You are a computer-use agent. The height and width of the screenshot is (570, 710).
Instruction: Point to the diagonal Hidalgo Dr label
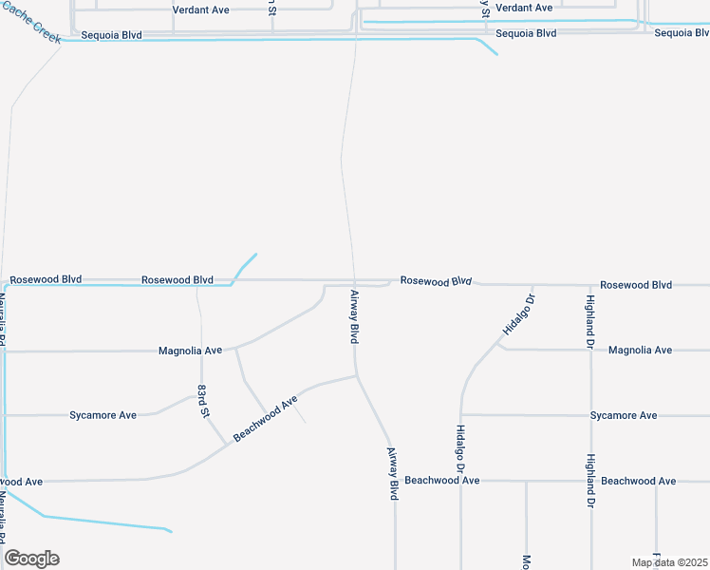518,314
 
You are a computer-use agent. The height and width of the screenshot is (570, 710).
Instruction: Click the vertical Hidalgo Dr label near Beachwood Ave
460,448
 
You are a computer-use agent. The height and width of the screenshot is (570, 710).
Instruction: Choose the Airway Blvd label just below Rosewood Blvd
354,316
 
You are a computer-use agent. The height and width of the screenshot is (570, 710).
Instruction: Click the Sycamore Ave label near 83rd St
103,415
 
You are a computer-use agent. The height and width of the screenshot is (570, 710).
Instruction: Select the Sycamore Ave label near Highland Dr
623,415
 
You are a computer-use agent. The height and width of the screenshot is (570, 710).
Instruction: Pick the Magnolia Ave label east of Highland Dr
640,350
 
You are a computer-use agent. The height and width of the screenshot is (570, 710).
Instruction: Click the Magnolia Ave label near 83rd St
190,351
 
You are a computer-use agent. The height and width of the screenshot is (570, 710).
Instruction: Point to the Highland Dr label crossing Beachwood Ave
590,481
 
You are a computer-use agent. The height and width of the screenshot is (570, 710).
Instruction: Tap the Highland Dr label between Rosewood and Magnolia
590,320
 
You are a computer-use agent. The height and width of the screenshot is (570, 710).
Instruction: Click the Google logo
31,559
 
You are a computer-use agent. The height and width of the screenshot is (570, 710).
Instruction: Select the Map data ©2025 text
668,562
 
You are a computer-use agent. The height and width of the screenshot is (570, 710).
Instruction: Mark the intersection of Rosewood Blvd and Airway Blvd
355,282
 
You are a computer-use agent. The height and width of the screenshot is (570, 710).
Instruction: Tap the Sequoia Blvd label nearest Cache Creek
111,35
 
